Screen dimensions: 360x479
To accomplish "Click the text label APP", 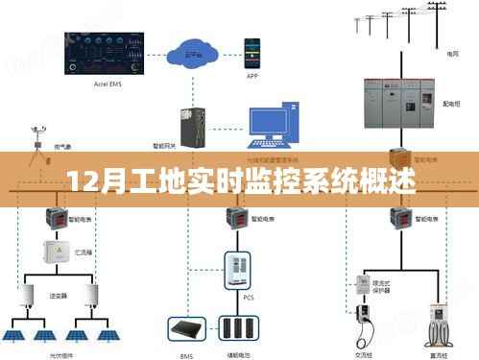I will pos(251,75).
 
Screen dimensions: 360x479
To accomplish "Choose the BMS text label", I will pos(187,353).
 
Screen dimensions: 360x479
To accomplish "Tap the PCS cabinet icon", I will pos(238,270).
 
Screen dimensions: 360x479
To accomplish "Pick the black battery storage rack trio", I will pos(237,329).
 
